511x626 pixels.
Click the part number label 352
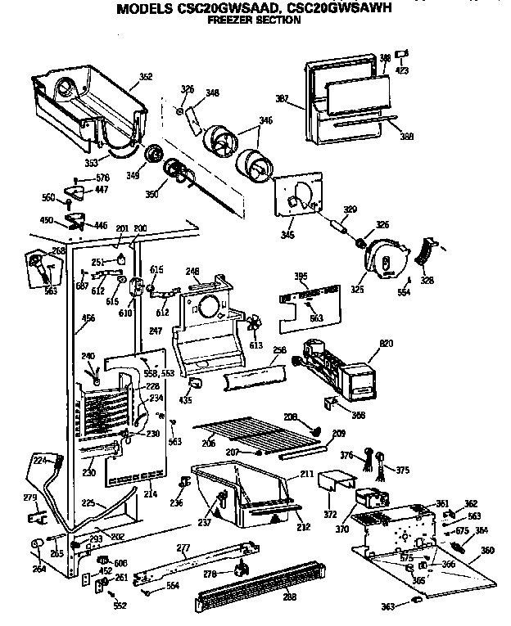pyautogui.click(x=145, y=77)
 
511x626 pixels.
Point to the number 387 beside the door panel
pyautogui.click(x=283, y=99)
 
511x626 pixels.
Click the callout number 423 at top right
pyautogui.click(x=402, y=70)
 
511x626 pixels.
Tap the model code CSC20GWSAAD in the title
pyautogui.click(x=222, y=9)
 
